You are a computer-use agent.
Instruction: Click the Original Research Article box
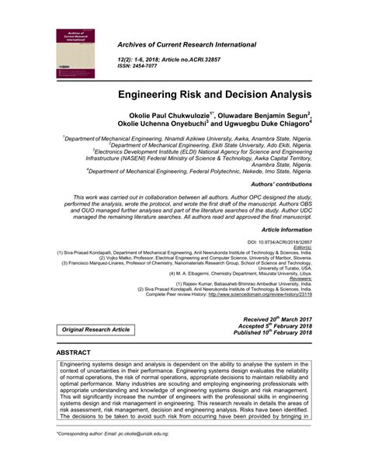(97, 330)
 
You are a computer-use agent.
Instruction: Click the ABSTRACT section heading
(74, 352)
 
